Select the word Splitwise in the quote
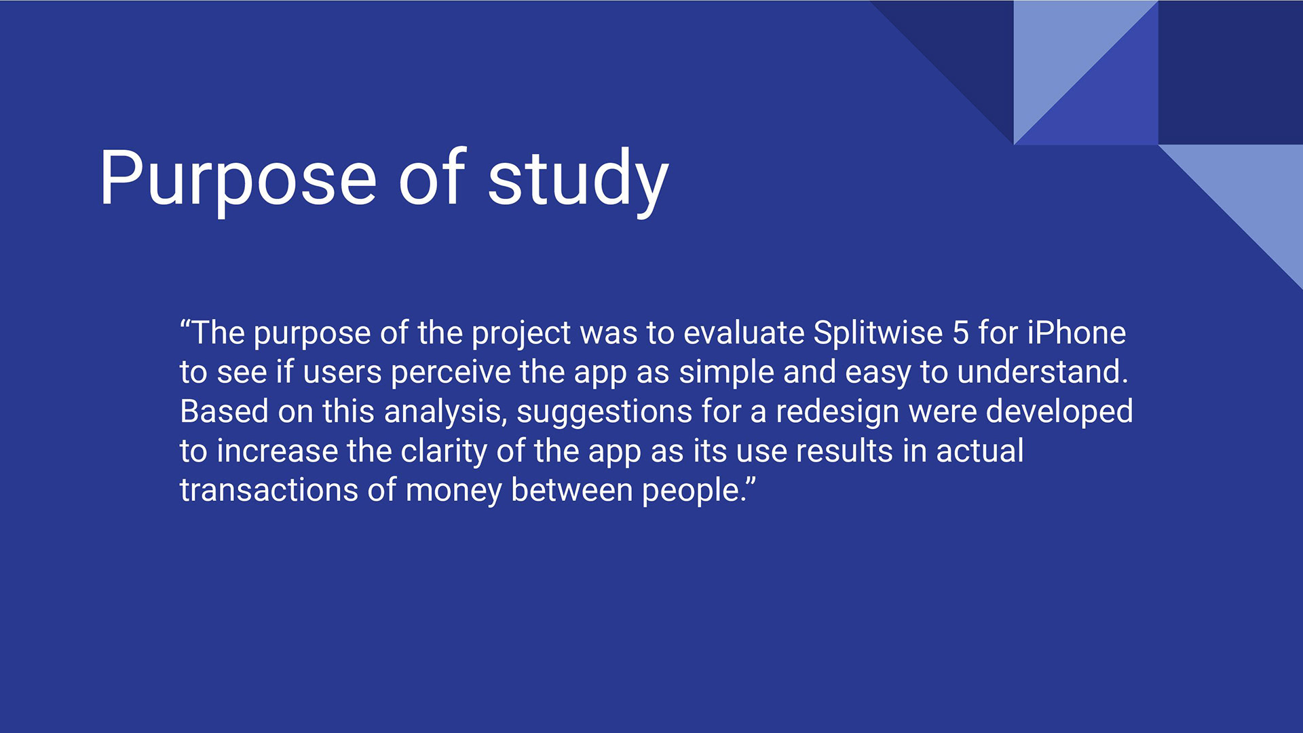point(878,333)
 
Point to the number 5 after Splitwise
point(960,333)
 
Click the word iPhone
point(1076,333)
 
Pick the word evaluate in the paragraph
point(744,333)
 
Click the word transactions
point(269,490)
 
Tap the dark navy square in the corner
point(1230,72)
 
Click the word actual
point(980,451)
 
